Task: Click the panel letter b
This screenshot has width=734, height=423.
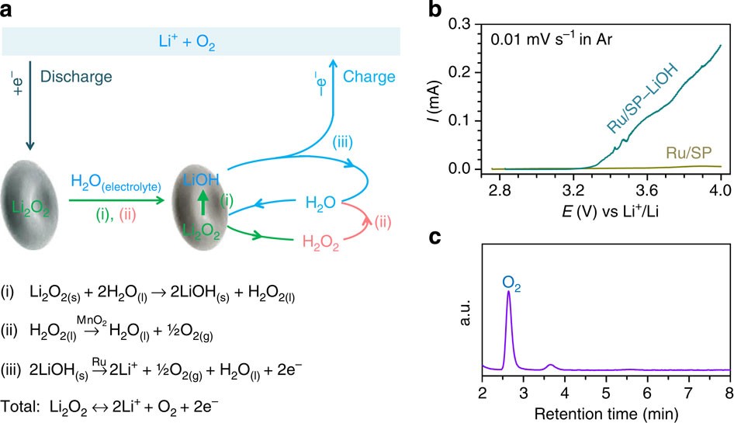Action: pyautogui.click(x=438, y=10)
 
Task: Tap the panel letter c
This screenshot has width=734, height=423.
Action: pyautogui.click(x=437, y=239)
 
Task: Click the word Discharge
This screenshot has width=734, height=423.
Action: pyautogui.click(x=78, y=77)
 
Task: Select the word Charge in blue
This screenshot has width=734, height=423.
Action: pyautogui.click(x=369, y=77)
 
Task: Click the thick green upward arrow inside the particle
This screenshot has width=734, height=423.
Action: pyautogui.click(x=201, y=206)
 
